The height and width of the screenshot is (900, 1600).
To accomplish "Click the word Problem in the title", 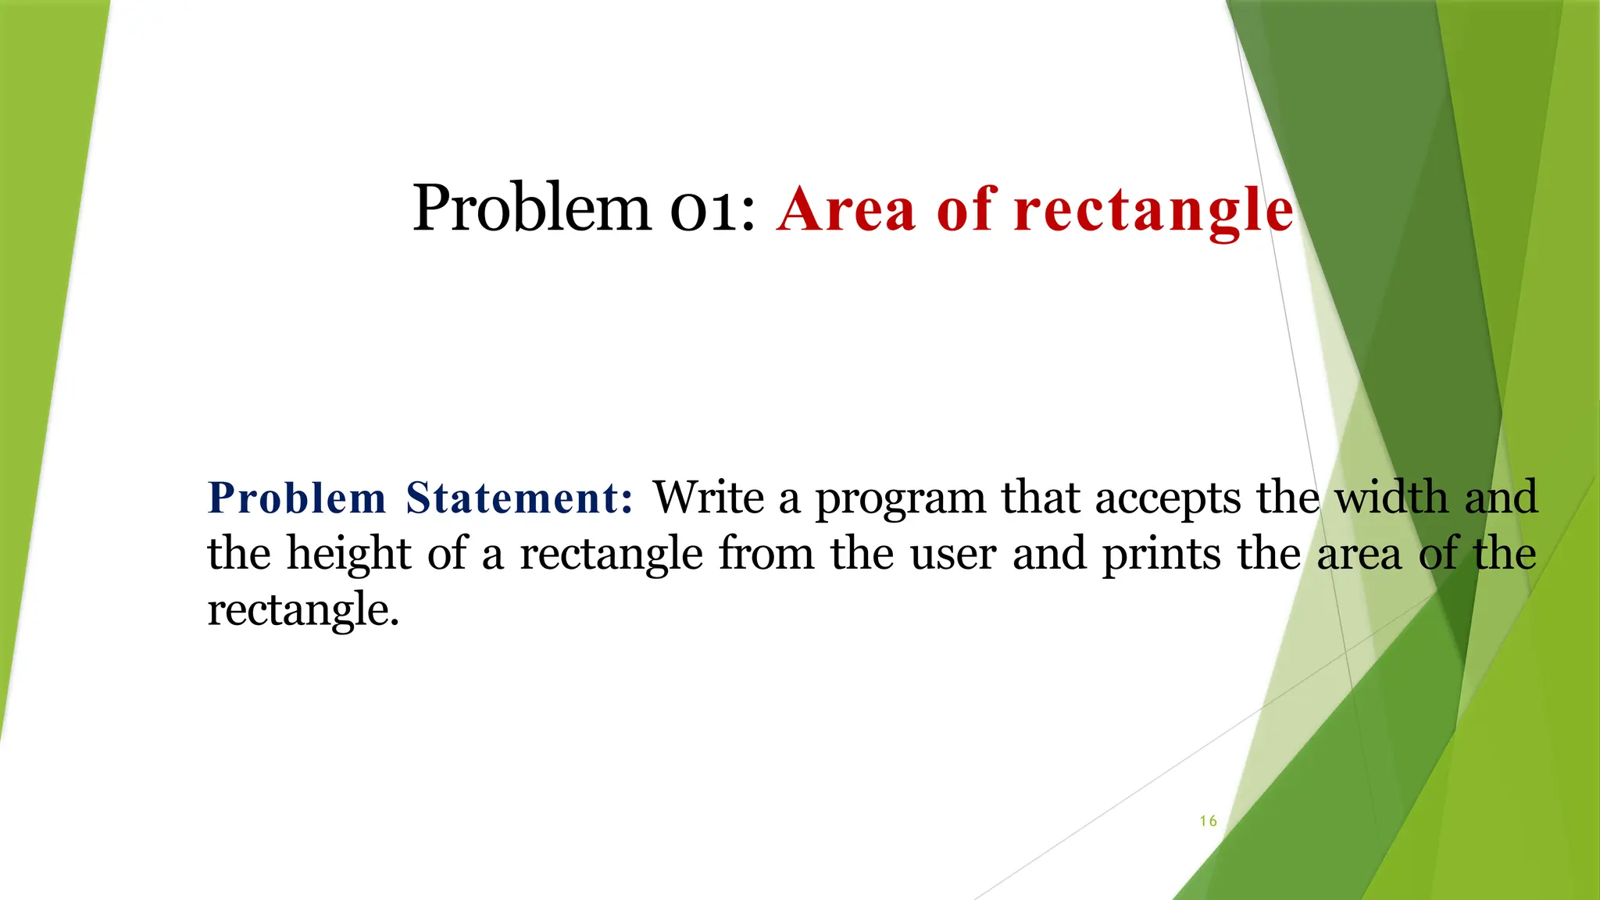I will click(x=530, y=209).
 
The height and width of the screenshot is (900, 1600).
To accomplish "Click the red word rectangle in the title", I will click(x=1153, y=211).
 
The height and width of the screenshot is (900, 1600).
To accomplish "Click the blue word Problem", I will click(x=297, y=498).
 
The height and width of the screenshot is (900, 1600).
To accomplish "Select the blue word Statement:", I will click(x=520, y=498).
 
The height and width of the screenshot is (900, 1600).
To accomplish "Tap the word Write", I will click(x=709, y=498).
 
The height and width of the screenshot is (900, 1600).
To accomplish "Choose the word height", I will click(x=349, y=555).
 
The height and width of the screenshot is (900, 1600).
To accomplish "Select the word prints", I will click(x=1161, y=555).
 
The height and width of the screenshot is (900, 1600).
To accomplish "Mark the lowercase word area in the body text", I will click(x=1359, y=555).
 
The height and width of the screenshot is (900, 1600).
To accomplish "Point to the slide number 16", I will click(x=1208, y=821).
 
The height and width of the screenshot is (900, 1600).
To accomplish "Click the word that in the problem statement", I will click(x=1040, y=498).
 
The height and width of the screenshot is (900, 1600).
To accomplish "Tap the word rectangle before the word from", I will click(x=611, y=555).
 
